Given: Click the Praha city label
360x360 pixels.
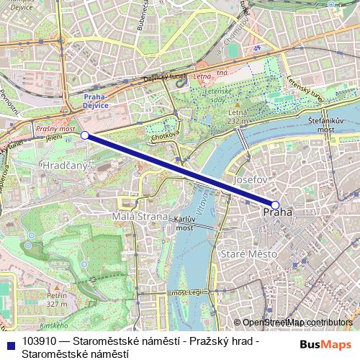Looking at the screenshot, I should (278, 212).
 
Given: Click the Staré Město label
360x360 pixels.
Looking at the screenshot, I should (247, 254).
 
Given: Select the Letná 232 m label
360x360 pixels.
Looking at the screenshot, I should (237, 117).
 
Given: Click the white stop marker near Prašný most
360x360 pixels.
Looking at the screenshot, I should (85, 135).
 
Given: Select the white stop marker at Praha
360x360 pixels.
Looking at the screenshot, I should (274, 204).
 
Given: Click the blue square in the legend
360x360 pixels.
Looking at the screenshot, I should (10, 343).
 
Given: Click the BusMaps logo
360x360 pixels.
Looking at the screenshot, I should (326, 343).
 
